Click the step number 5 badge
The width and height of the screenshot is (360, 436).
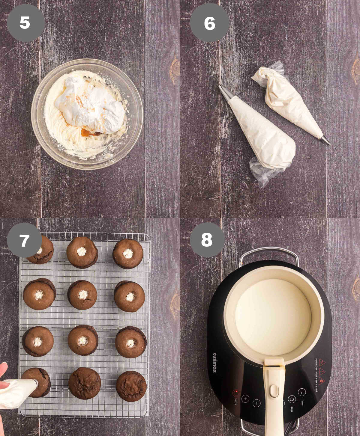25,23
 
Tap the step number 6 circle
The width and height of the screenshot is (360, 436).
209,23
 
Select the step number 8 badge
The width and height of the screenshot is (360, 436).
207,240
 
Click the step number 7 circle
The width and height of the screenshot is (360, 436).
24,240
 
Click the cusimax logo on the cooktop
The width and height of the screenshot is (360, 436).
215,362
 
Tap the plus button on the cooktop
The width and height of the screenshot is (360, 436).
245,399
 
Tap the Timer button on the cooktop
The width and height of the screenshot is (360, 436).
302,392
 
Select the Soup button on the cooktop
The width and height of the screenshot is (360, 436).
292,399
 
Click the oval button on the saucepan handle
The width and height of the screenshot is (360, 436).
274,391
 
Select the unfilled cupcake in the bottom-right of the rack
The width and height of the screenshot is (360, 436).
131,386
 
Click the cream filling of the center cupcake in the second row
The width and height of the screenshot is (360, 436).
83,295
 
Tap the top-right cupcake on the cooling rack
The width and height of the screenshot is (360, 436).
128,254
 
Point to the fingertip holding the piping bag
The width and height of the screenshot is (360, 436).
3,369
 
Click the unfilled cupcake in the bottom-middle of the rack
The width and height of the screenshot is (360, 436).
84,383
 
